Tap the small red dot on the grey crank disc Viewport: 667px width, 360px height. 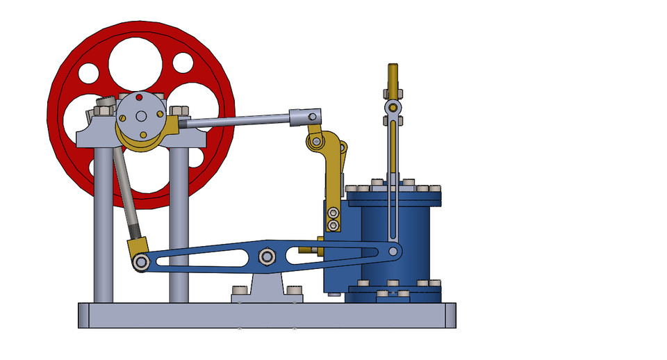pyautogui.click(x=138, y=96)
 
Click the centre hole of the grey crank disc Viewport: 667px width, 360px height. pyautogui.click(x=141, y=115)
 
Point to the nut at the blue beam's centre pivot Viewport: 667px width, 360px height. pyautogui.click(x=266, y=257)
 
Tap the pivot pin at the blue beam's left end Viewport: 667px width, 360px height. pyautogui.click(x=141, y=262)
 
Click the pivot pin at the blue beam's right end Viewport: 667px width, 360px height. pyautogui.click(x=394, y=250)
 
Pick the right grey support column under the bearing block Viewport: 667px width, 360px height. pyautogui.click(x=179, y=222)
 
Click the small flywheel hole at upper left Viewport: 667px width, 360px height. pyautogui.click(x=89, y=72)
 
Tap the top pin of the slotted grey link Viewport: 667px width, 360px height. pyautogui.click(x=393, y=107)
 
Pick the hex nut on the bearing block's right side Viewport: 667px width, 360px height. pyautogui.click(x=179, y=111)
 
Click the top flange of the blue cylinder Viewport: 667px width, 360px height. pyautogui.click(x=394, y=197)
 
